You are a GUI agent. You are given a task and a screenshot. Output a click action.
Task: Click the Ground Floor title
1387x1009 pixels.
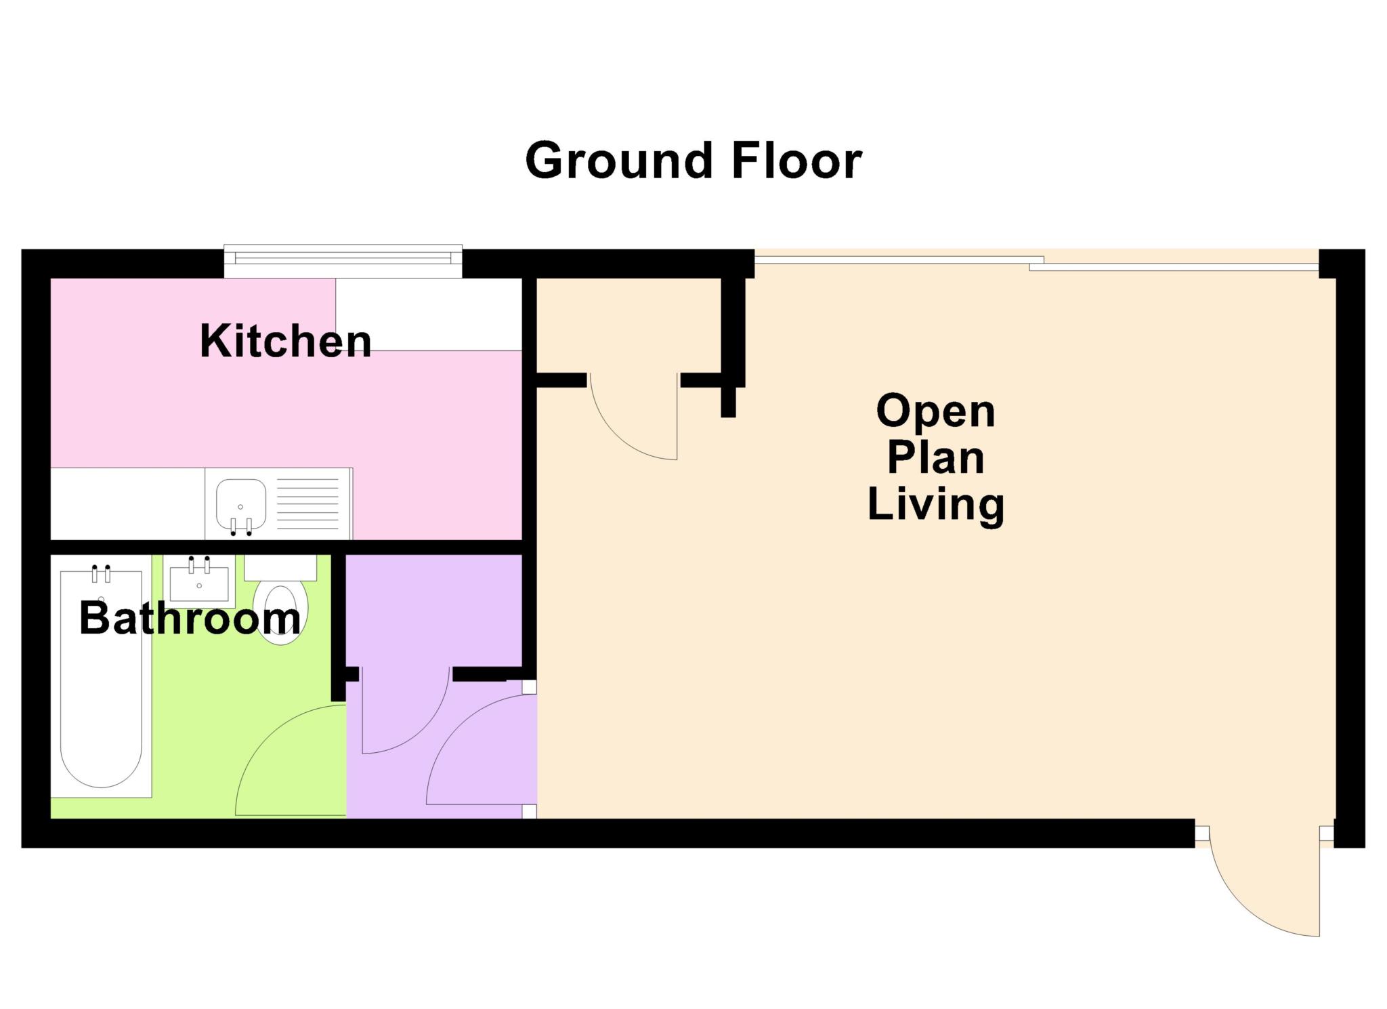[693, 161]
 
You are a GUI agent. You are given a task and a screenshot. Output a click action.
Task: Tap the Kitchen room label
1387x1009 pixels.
[285, 341]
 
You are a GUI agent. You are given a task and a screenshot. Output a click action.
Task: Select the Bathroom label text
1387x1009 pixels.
[190, 618]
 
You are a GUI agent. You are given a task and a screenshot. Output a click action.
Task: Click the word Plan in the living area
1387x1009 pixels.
[935, 459]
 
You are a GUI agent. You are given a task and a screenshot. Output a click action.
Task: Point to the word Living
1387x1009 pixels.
[935, 506]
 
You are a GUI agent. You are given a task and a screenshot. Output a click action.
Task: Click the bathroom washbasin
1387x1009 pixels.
[199, 581]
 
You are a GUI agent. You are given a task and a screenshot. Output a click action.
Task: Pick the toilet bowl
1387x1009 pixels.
[280, 613]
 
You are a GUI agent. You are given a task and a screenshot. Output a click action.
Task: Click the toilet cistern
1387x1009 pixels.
[280, 568]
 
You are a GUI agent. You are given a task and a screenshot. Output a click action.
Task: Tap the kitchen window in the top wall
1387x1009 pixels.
[343, 261]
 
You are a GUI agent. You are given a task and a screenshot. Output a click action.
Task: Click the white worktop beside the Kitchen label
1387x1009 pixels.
[429, 314]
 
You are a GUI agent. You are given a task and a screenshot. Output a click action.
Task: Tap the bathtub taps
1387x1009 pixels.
[101, 573]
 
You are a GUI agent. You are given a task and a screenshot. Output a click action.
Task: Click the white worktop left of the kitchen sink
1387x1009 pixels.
[128, 503]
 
